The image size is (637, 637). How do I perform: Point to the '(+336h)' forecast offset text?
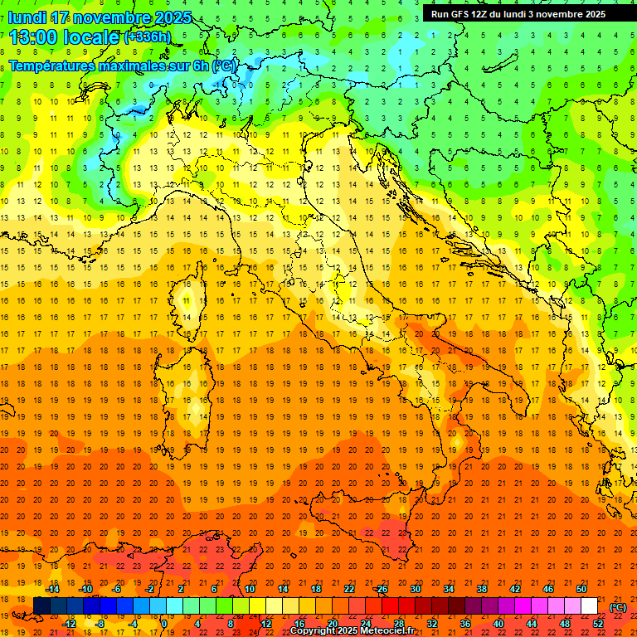[x=147, y=36]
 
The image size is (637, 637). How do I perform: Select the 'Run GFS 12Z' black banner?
[x=518, y=13]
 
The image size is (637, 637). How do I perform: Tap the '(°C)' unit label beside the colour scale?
[x=618, y=606]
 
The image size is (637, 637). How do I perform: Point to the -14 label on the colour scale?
[x=56, y=589]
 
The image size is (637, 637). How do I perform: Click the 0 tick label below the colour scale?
[x=164, y=623]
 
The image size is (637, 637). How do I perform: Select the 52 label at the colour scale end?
[x=598, y=623]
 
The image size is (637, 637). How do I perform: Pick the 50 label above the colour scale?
[x=581, y=589]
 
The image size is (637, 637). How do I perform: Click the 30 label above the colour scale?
[x=415, y=589]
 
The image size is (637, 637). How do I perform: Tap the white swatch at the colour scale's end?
[x=589, y=605]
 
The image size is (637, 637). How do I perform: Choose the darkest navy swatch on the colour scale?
[x=41, y=605]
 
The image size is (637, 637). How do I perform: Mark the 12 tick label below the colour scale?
[x=265, y=623]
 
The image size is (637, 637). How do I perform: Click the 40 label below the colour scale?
[x=498, y=623]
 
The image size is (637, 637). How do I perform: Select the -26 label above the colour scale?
[x=381, y=589]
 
